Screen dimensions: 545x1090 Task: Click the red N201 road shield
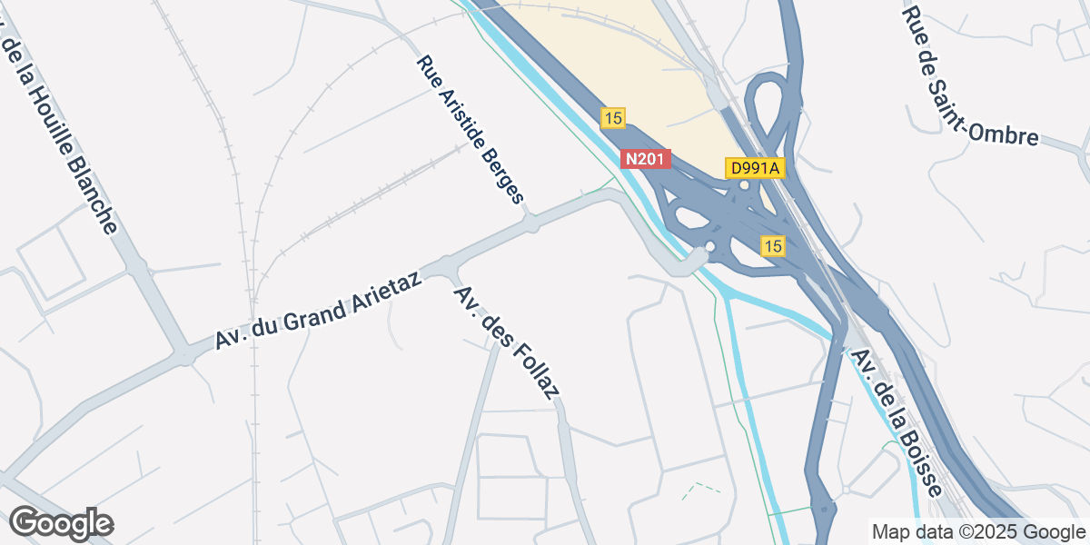(646, 159)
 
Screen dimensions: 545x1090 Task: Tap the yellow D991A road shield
(755, 168)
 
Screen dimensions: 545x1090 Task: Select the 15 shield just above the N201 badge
(613, 117)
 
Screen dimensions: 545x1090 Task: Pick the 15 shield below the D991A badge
(773, 246)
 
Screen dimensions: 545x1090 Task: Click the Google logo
(61, 524)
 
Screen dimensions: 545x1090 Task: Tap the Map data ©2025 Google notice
(977, 531)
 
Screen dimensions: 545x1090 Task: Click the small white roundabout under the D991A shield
(744, 185)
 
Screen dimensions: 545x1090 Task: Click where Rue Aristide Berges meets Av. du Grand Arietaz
(530, 221)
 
